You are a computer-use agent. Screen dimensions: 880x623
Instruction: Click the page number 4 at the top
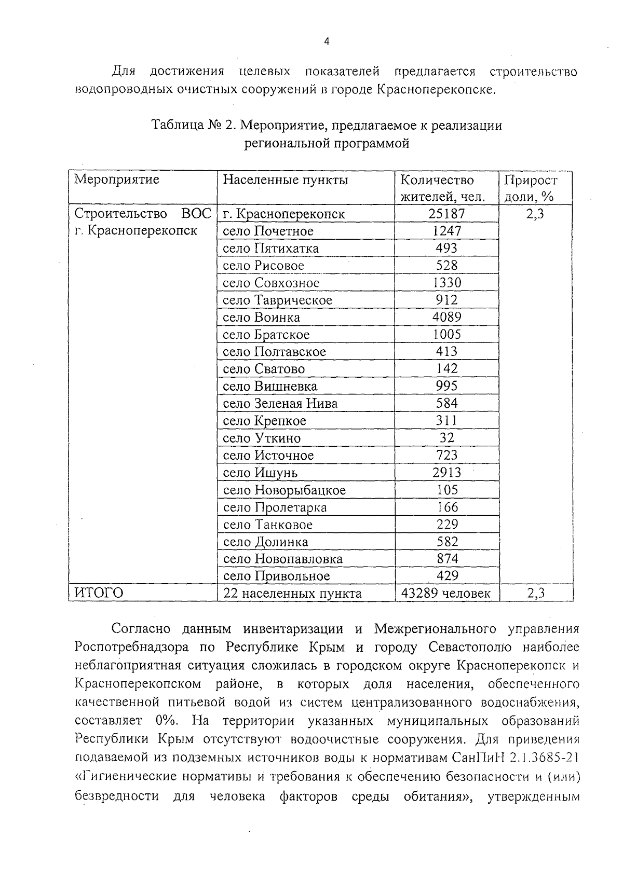[x=327, y=42]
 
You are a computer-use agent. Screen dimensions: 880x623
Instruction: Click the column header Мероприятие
[x=117, y=180]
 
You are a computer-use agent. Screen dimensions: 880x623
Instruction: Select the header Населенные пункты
[x=286, y=180]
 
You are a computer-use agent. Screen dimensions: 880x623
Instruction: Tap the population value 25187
[x=446, y=213]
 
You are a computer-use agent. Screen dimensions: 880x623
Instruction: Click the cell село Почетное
[x=268, y=231]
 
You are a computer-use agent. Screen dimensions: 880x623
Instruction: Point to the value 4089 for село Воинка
[x=446, y=317]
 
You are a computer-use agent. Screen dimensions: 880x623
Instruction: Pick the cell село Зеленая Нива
[x=280, y=403]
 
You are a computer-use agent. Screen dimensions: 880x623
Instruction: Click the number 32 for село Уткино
[x=446, y=438]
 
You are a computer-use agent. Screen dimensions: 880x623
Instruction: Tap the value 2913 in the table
[x=446, y=473]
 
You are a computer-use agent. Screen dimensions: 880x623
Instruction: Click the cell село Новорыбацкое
[x=284, y=490]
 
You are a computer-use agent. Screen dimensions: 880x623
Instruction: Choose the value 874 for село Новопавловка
[x=446, y=559]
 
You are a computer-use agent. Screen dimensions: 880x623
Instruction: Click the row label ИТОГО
[x=99, y=593]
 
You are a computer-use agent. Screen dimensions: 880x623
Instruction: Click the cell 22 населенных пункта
[x=292, y=593]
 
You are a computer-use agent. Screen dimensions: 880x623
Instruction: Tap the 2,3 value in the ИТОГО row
[x=535, y=593]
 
